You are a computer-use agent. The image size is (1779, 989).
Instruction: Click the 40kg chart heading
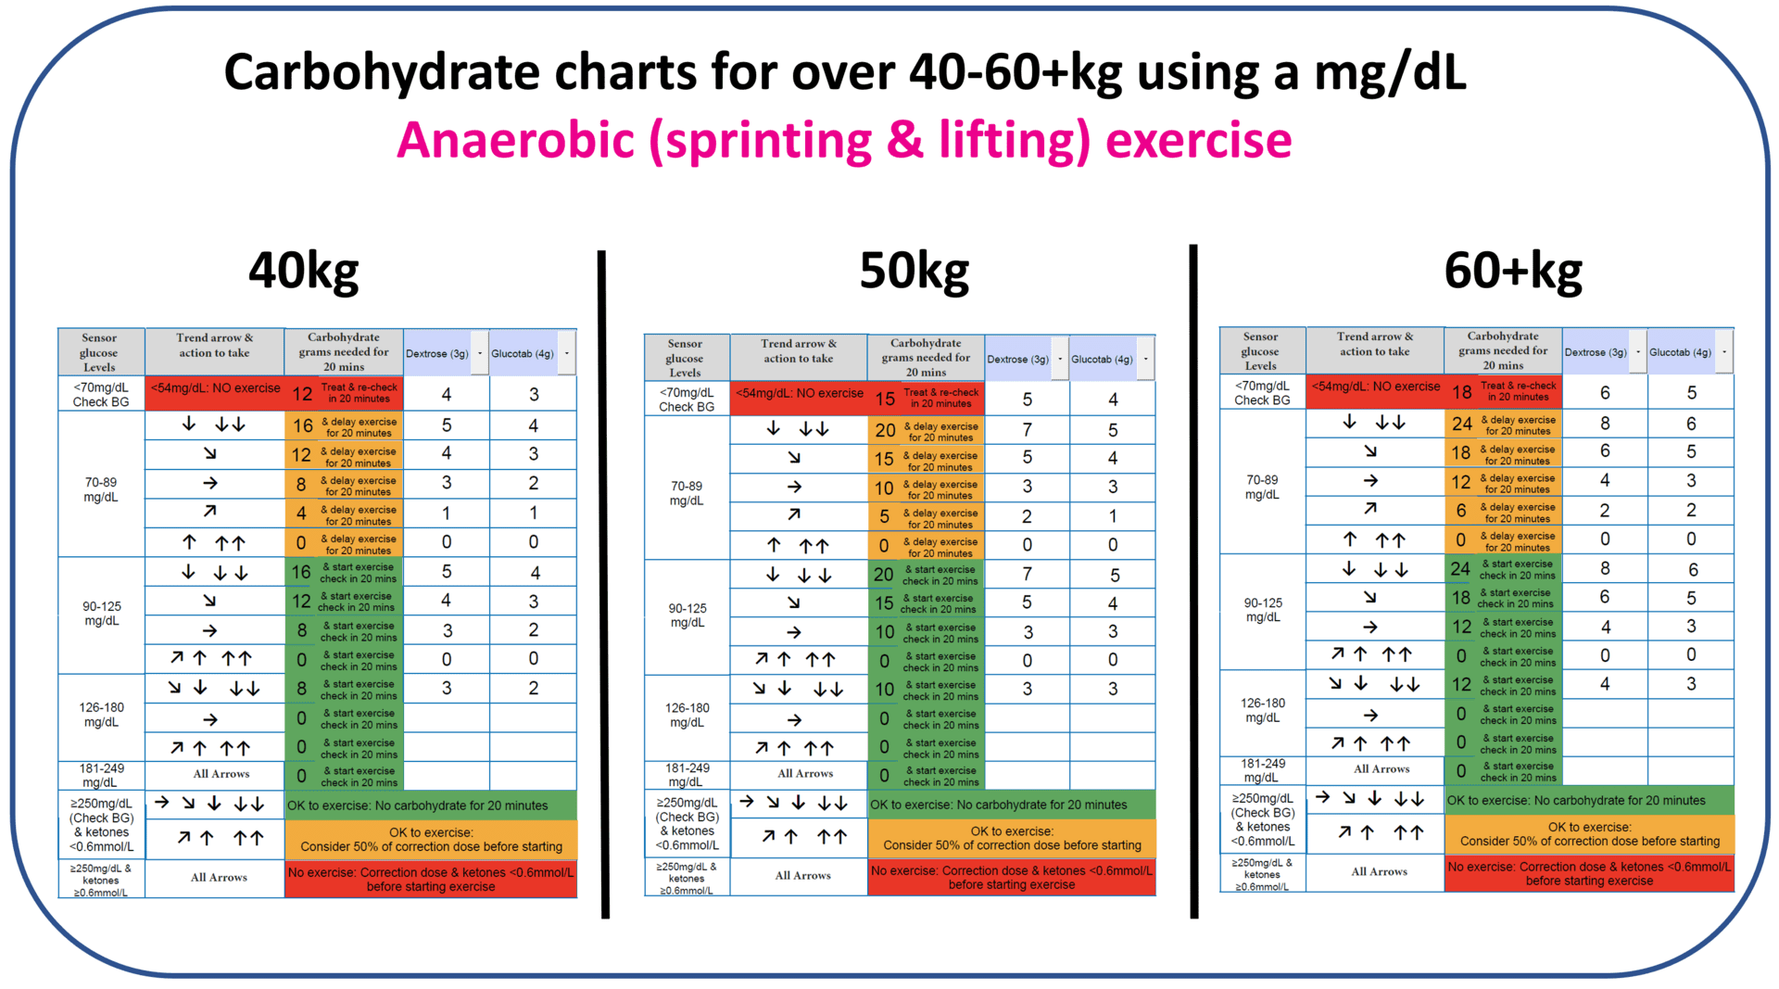point(303,272)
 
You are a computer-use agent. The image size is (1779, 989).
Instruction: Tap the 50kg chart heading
point(914,272)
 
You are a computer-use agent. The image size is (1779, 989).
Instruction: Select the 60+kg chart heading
point(1512,272)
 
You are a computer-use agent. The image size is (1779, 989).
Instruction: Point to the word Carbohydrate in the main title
point(382,72)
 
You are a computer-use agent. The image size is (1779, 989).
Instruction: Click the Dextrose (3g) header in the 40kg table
point(436,353)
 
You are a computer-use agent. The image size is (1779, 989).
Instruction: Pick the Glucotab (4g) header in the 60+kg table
point(1680,351)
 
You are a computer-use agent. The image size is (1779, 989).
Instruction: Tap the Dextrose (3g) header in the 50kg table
point(1017,359)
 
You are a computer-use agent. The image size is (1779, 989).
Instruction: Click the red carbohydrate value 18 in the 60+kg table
point(1461,392)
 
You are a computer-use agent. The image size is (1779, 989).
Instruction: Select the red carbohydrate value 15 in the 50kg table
point(885,399)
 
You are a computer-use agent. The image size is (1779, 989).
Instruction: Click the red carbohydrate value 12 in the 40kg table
point(302,394)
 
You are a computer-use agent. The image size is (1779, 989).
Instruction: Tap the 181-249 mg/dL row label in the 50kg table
point(687,775)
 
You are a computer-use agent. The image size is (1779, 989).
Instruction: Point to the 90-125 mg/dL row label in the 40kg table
point(102,614)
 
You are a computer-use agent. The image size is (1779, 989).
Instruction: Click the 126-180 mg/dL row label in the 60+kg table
point(1263,710)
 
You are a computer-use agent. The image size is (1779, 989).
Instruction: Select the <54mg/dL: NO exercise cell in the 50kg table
point(799,393)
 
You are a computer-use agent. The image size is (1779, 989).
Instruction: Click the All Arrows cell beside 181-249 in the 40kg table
point(221,774)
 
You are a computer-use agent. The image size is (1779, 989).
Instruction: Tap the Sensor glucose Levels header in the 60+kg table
point(1260,350)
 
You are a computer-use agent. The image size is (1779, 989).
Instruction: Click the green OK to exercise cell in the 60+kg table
point(1588,800)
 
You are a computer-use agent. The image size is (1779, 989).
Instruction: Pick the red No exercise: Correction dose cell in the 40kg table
point(431,879)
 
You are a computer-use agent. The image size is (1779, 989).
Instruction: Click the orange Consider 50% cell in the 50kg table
point(1012,838)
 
